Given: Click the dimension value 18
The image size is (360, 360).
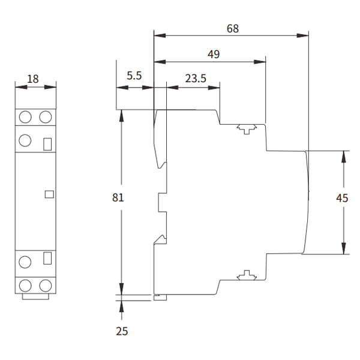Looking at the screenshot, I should pyautogui.click(x=34, y=78).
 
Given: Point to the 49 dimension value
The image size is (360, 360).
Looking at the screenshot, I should pyautogui.click(x=213, y=54).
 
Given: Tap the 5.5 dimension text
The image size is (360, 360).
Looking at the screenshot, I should pyautogui.click(x=134, y=76).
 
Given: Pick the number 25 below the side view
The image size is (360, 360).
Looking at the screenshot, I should pyautogui.click(x=122, y=331).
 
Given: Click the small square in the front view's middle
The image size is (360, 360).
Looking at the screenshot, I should pyautogui.click(x=49, y=194).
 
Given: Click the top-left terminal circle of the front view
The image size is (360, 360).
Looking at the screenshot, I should pyautogui.click(x=25, y=116).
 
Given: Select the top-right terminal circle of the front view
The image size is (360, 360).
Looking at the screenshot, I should pyautogui.click(x=46, y=116).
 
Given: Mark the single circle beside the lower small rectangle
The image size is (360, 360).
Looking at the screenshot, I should pyautogui.click(x=25, y=262).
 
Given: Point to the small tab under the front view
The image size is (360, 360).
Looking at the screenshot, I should pyautogui.click(x=35, y=296).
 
